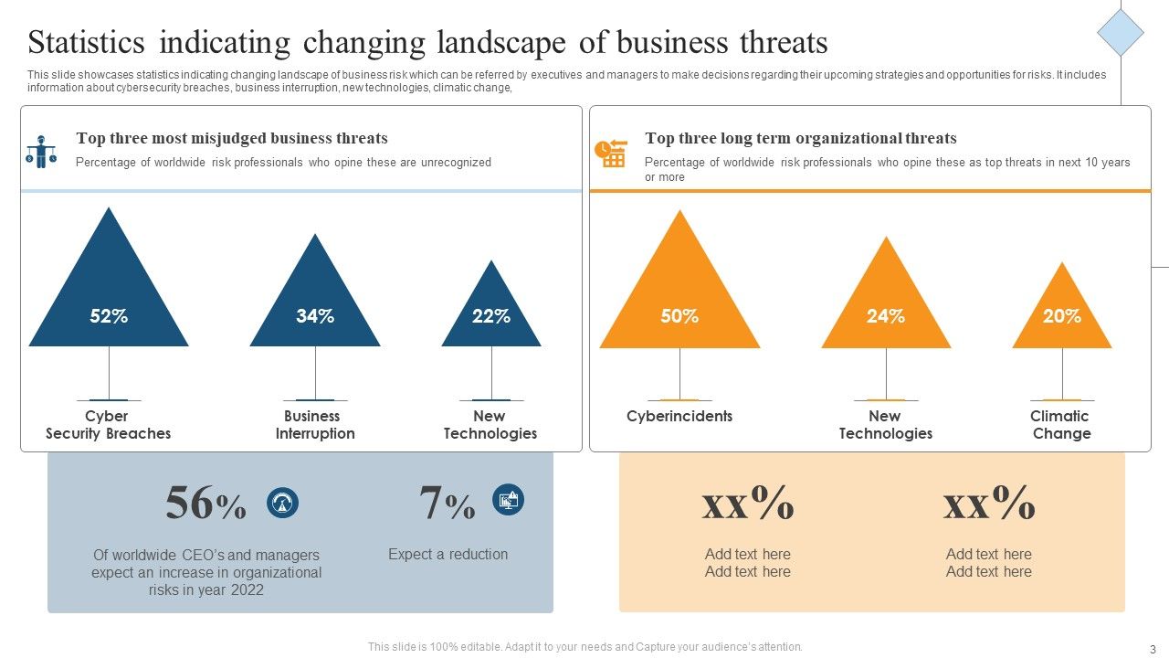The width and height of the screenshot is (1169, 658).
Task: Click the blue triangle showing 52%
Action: pos(109,302)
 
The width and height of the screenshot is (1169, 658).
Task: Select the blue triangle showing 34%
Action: pos(315,306)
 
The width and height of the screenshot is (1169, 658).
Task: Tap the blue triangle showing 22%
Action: pos(491,315)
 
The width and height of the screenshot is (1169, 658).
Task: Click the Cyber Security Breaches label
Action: pos(108,425)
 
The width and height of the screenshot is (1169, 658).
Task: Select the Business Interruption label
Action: pos(314,425)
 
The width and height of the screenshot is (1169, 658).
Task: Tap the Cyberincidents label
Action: pos(679,417)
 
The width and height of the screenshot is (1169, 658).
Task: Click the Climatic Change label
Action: pos(1060,425)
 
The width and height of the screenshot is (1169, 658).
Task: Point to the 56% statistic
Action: pos(205,504)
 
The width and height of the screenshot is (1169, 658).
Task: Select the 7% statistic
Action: pos(447,504)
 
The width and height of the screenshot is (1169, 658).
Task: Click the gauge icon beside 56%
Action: pos(282,503)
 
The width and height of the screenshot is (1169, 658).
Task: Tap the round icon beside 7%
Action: pos(508,500)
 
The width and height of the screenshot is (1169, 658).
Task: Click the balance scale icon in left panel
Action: pos(41,152)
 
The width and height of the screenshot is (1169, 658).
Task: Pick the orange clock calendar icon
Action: pos(610,153)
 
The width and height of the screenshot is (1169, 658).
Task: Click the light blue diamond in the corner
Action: pos(1120,33)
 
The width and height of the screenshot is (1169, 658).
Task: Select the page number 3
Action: pos(1153,647)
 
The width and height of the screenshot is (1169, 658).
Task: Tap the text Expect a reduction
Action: pos(448,554)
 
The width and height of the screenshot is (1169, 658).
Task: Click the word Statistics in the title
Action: pos(87,43)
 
